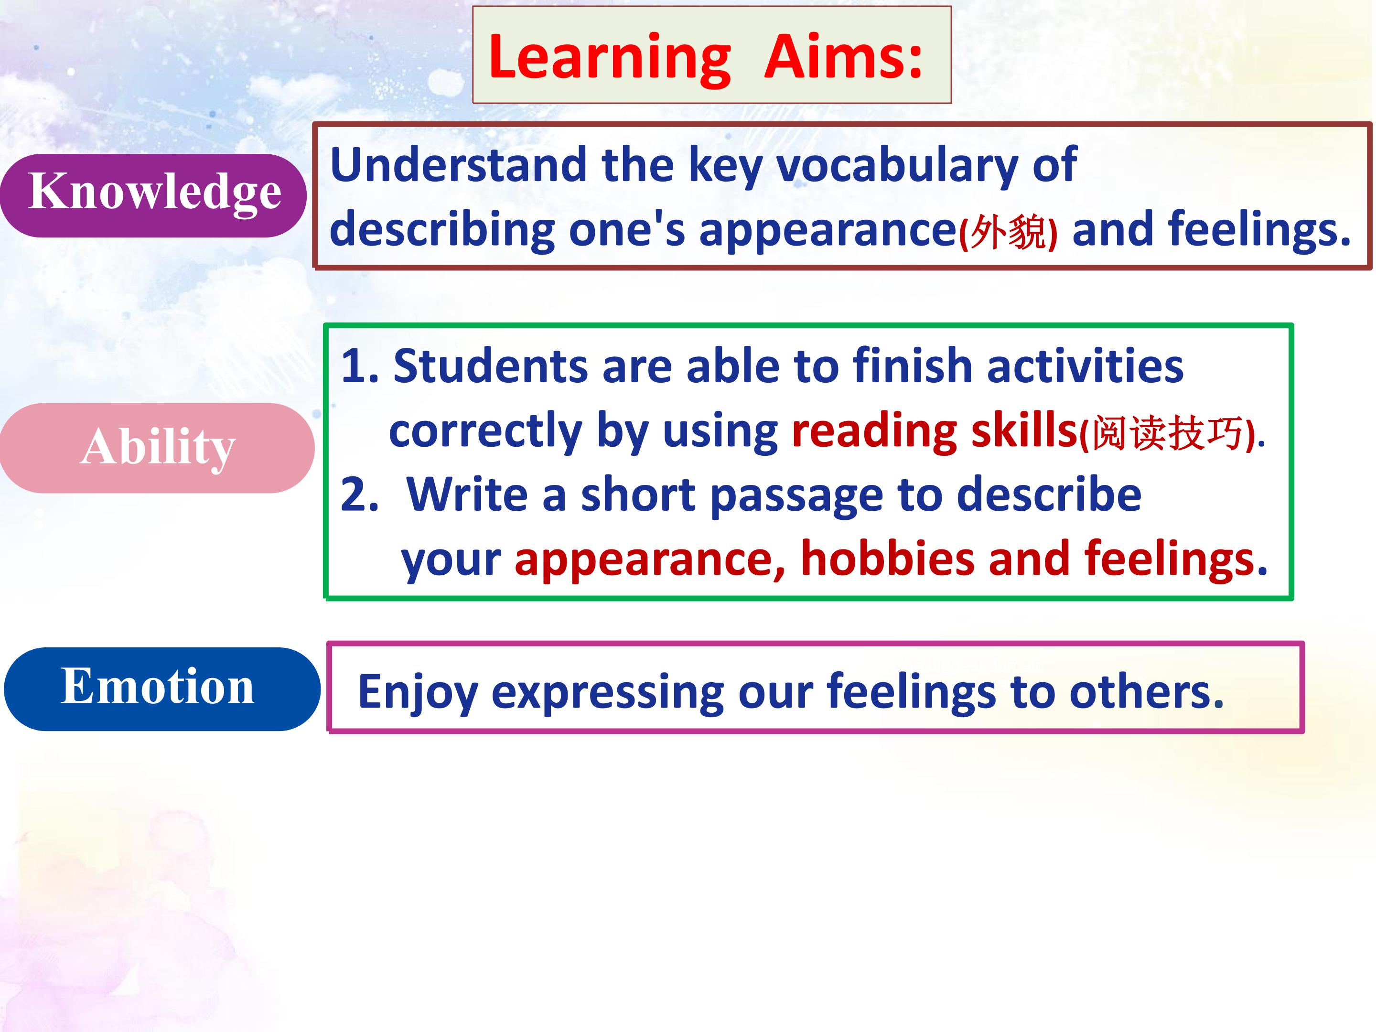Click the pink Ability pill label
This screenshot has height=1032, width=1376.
pyautogui.click(x=157, y=448)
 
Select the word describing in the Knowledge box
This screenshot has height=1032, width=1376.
pyautogui.click(x=441, y=230)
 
